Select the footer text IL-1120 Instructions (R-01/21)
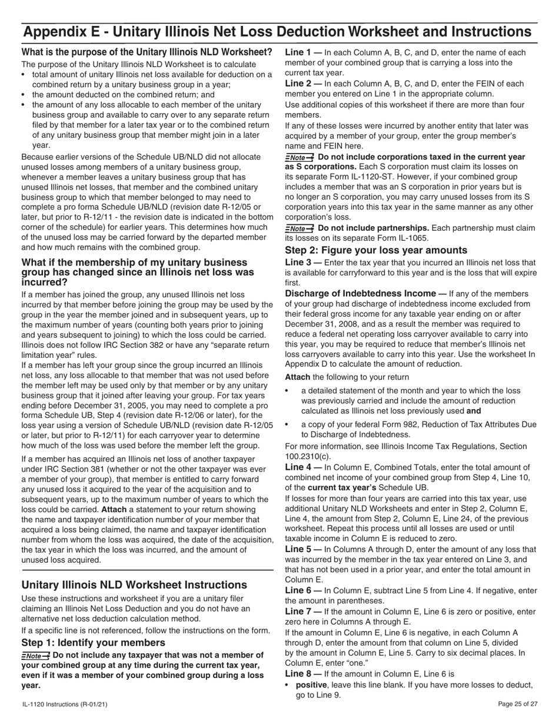pos(64,704)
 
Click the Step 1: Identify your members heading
pos(93,642)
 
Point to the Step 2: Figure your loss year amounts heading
pos(376,250)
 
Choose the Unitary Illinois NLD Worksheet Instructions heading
pos(134,584)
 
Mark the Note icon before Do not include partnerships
pos(299,228)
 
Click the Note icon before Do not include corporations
pos(299,158)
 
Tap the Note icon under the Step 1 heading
pos(35,656)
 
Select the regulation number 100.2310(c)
pos(308,456)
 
